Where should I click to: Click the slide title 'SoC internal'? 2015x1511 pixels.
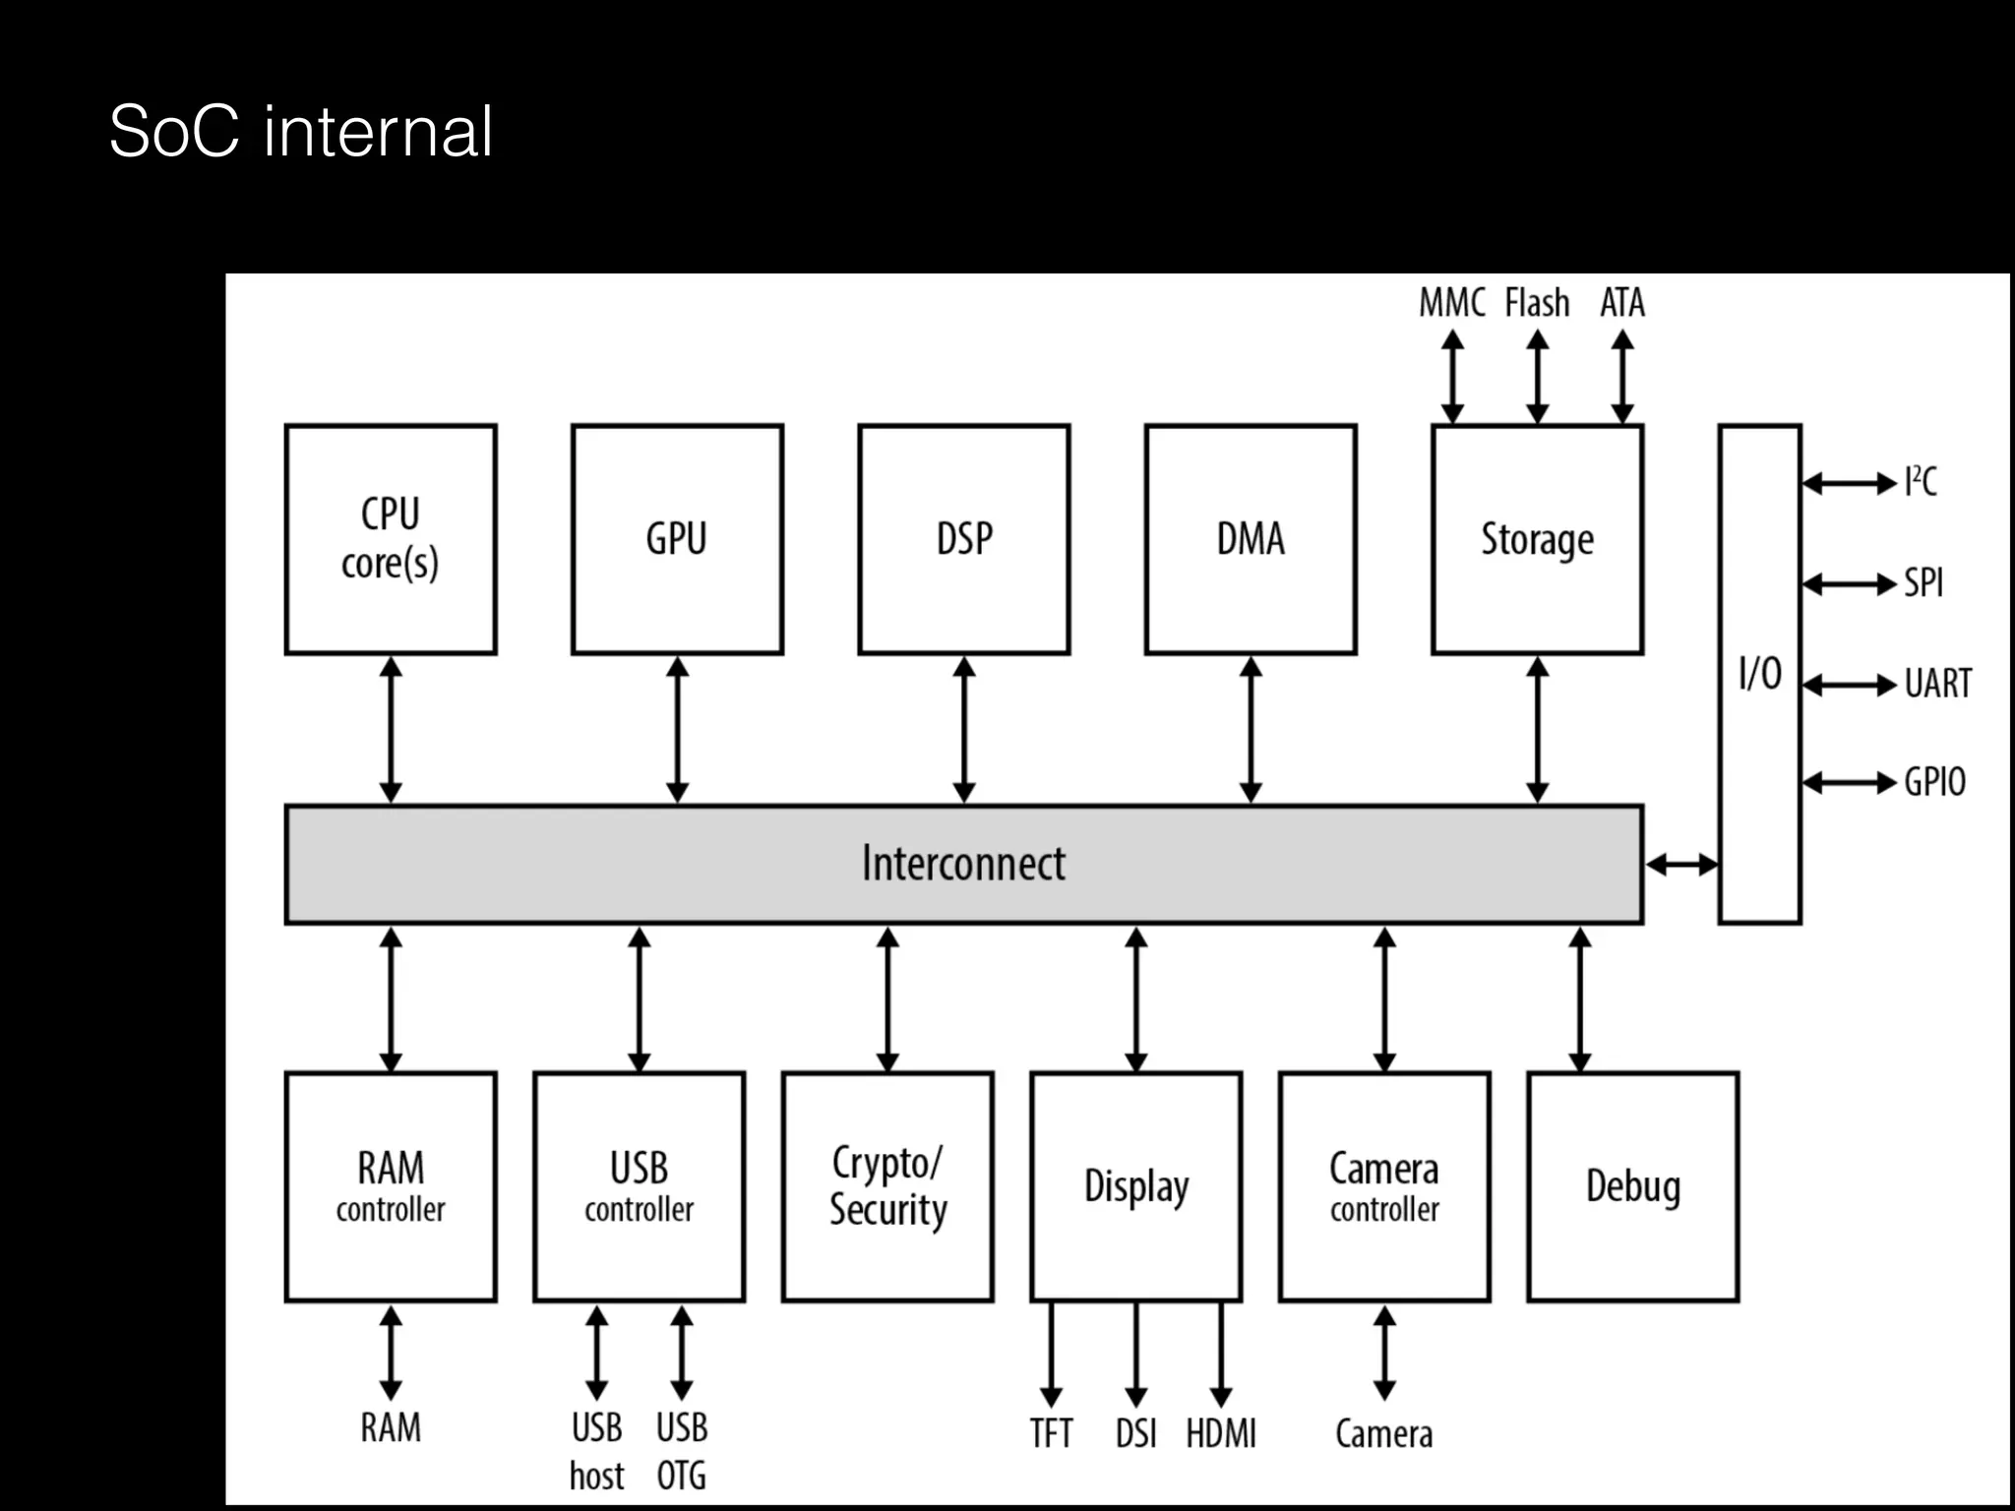pyautogui.click(x=300, y=131)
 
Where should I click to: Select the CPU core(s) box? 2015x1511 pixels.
pyautogui.click(x=391, y=539)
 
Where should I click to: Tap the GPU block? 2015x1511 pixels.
pyautogui.click(x=677, y=539)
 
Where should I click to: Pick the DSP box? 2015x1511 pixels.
pyautogui.click(x=963, y=539)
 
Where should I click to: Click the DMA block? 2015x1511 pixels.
pyautogui.click(x=1251, y=539)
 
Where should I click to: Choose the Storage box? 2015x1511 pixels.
pyautogui.click(x=1537, y=539)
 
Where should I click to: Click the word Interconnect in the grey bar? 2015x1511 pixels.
pyautogui.click(x=963, y=864)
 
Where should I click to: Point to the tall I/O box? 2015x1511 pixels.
pyautogui.click(x=1759, y=674)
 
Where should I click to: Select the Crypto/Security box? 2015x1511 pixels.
pyautogui.click(x=887, y=1186)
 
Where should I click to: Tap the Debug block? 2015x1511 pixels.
pyautogui.click(x=1632, y=1186)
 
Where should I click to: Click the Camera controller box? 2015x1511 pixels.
pyautogui.click(x=1384, y=1186)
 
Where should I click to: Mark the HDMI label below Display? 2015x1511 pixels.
pyautogui.click(x=1221, y=1433)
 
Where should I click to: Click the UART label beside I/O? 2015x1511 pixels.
pyautogui.click(x=1937, y=684)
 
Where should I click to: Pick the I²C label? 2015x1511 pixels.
pyautogui.click(x=1921, y=482)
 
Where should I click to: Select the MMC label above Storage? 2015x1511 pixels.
pyautogui.click(x=1451, y=302)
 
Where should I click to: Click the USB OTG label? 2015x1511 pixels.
pyautogui.click(x=682, y=1451)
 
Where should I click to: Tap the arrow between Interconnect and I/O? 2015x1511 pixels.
pyautogui.click(x=1681, y=865)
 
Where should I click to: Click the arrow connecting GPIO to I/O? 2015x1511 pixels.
pyautogui.click(x=1849, y=783)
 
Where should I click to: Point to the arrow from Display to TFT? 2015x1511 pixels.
pyautogui.click(x=1051, y=1354)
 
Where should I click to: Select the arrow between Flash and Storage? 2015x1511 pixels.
pyautogui.click(x=1538, y=378)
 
